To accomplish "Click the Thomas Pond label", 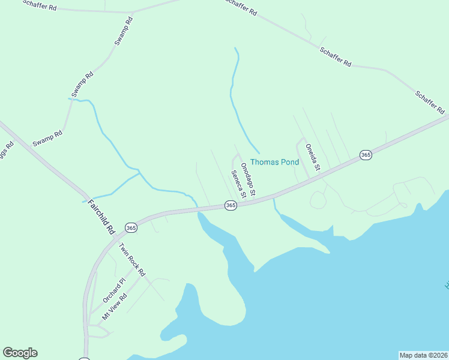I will (274, 162).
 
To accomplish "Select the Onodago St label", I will (248, 179).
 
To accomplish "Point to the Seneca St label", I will (238, 184).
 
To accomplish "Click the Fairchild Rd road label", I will (101, 216).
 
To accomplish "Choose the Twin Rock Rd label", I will (131, 259).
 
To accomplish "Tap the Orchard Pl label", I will (113, 289).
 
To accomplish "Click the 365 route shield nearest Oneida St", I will (366, 155).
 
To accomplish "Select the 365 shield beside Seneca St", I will (231, 205).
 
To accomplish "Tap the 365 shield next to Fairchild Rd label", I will (131, 227).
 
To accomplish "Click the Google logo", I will (20, 353).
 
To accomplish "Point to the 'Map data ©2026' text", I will (423, 355).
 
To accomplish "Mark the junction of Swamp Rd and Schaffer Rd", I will (133, 12).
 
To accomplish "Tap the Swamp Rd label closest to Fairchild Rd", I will (47, 139).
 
